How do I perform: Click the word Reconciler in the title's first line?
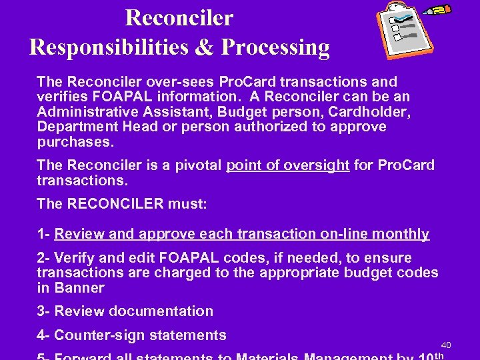click(x=179, y=17)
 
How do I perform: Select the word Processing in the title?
click(x=275, y=48)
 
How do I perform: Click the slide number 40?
click(x=446, y=345)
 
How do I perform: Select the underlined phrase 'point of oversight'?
click(x=288, y=165)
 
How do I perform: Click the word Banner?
click(x=79, y=288)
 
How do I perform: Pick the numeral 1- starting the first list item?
click(x=45, y=234)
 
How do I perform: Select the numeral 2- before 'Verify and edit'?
click(x=45, y=258)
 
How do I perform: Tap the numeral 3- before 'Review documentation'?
click(x=45, y=311)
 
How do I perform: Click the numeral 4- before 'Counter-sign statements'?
click(x=45, y=335)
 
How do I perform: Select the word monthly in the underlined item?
click(x=401, y=234)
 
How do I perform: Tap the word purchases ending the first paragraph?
click(x=75, y=142)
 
